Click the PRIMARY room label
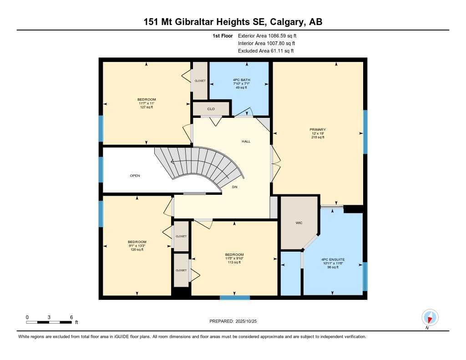[x=318, y=130]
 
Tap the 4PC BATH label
[x=241, y=80]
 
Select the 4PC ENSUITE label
[x=333, y=259]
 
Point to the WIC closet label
[x=299, y=223]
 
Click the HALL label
[x=246, y=142]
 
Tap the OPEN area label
[x=135, y=176]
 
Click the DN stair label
[x=235, y=187]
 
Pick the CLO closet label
[x=211, y=109]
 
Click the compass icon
[x=430, y=318]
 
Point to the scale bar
[x=49, y=322]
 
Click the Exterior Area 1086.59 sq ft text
[x=267, y=36]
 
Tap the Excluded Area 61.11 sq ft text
[x=266, y=51]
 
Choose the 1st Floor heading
[x=223, y=36]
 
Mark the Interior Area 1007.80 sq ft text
[x=266, y=43]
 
